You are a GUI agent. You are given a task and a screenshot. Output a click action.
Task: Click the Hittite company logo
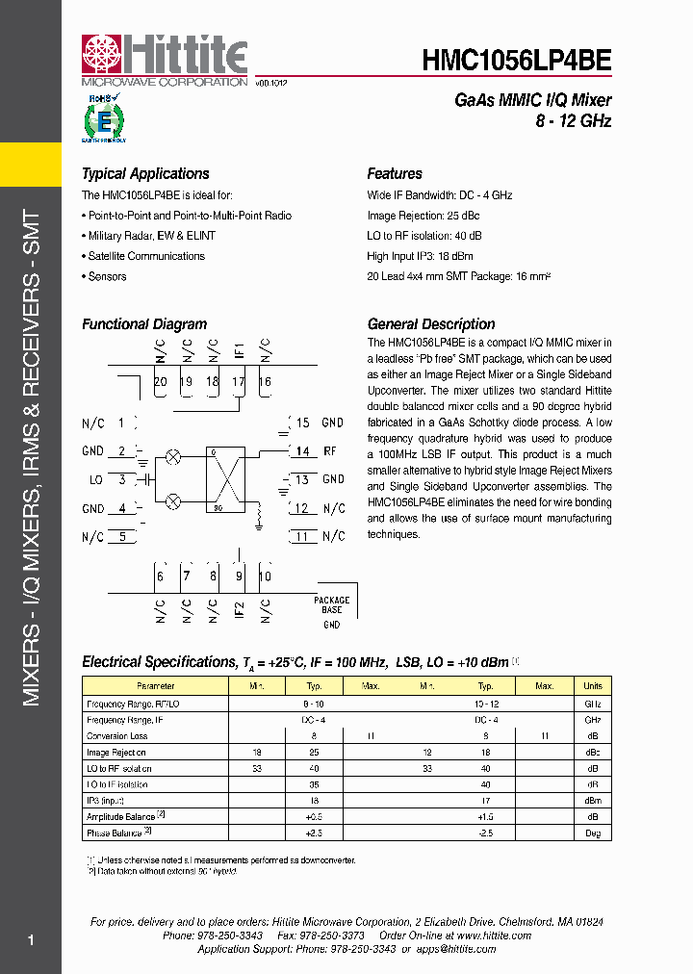(165, 60)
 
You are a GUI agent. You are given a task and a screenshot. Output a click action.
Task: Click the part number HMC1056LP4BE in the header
(516, 61)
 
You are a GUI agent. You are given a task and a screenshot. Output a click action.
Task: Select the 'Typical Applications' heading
(145, 174)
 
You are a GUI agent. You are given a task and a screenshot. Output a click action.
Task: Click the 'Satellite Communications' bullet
(146, 256)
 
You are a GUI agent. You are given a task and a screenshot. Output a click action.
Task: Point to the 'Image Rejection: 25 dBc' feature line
(423, 216)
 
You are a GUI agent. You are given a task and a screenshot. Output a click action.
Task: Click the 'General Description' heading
(431, 324)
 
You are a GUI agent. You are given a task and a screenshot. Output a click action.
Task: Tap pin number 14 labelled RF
(302, 450)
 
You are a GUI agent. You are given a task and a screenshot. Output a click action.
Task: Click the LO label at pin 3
(95, 479)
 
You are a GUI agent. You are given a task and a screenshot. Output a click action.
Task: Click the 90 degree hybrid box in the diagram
(227, 478)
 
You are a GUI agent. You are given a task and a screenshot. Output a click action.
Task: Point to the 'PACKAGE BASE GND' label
(332, 611)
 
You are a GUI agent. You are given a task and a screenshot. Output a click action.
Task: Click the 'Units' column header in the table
(592, 686)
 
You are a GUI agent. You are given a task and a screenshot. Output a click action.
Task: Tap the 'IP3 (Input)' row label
(106, 800)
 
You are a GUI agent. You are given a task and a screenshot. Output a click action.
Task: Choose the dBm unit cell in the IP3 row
(592, 800)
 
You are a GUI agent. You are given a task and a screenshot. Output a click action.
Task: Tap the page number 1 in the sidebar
(31, 940)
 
